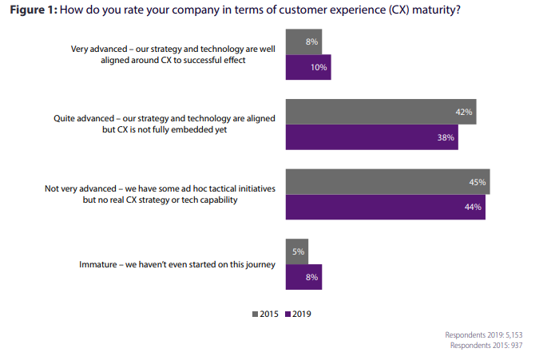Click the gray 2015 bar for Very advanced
[x=303, y=42]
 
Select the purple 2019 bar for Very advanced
[x=308, y=67]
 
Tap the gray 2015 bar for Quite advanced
[x=382, y=113]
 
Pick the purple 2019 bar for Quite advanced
[x=373, y=137]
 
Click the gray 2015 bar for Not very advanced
[x=387, y=183]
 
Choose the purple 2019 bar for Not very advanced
[x=385, y=208]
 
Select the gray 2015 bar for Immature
[x=297, y=252]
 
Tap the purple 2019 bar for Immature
[x=303, y=277]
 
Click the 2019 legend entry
[x=298, y=314]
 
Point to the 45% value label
[x=478, y=183]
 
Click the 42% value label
[x=464, y=113]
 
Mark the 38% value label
[x=446, y=137]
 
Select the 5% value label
[x=298, y=252]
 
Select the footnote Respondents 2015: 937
[x=494, y=346]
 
